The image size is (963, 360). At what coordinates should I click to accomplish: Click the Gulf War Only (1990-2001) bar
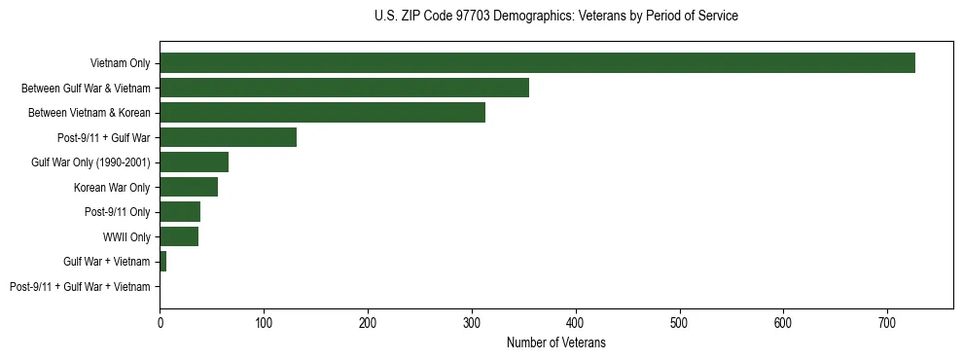tap(194, 162)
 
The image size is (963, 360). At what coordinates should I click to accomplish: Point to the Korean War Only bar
tap(189, 187)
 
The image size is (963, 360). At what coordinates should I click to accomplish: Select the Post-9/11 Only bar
tap(180, 211)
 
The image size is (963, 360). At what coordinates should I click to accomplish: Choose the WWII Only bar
tap(179, 236)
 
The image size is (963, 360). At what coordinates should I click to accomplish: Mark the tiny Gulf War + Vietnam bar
tap(163, 261)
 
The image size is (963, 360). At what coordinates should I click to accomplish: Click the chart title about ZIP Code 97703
tap(556, 17)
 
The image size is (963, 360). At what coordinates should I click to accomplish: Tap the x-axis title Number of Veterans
tap(556, 342)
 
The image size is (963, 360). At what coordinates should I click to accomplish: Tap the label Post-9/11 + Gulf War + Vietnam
tap(80, 286)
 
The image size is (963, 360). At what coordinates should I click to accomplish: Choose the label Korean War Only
tap(112, 187)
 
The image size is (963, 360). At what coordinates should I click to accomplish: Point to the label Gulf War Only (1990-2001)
tap(90, 162)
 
